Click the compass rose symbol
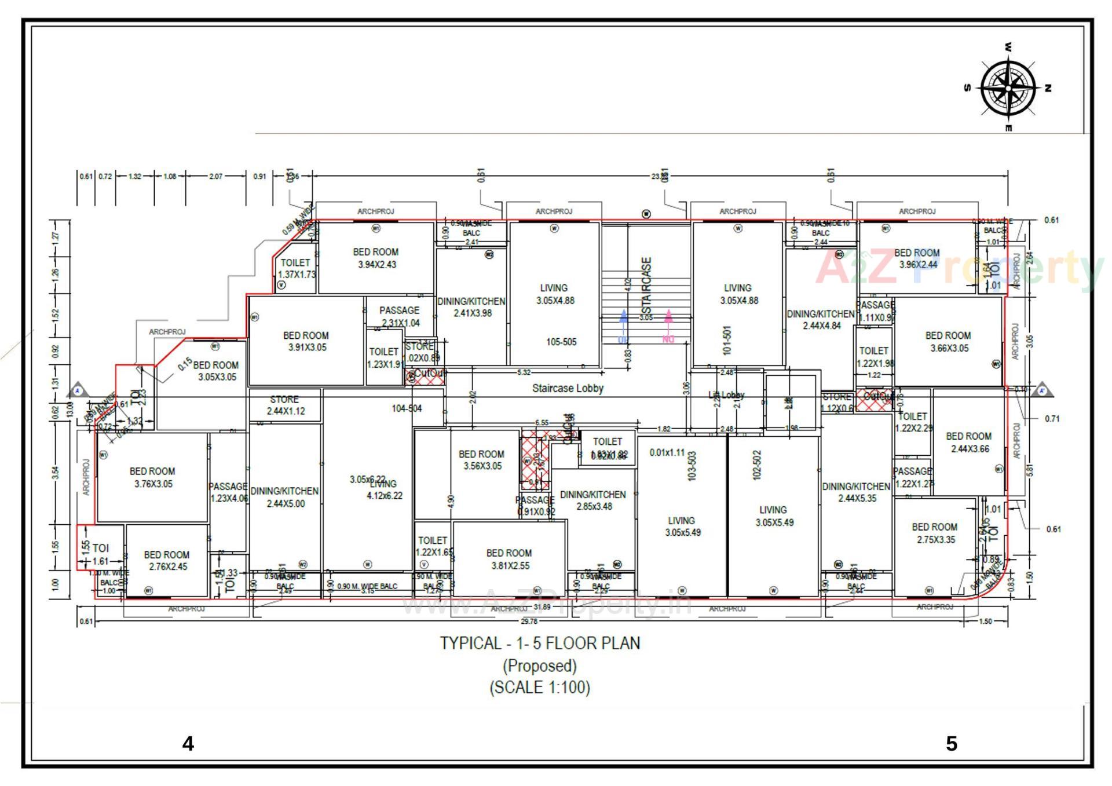coord(1008,88)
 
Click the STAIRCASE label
coord(647,284)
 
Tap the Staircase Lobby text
coord(568,388)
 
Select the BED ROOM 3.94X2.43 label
coord(376,258)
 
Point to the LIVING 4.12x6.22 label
coord(384,490)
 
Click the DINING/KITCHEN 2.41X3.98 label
coord(471,307)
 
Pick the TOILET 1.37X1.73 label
coord(296,268)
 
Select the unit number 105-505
coord(561,342)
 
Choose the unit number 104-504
coord(407,408)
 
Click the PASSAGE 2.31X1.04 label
coord(400,316)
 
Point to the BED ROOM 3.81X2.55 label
coord(509,560)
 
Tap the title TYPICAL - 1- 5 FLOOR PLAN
coord(540,644)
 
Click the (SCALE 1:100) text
coord(540,688)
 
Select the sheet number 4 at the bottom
coord(188,743)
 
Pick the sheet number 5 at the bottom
coord(952,743)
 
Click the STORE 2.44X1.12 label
coord(285,405)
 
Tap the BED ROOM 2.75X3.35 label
coord(935,533)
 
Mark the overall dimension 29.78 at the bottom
coord(529,621)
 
